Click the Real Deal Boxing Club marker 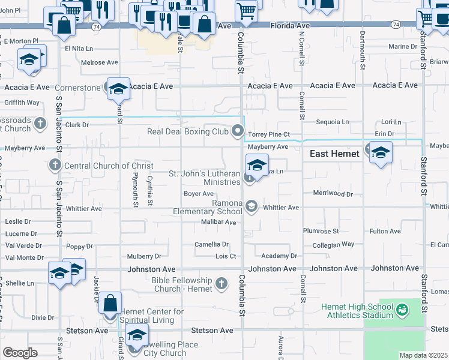pyautogui.click(x=238, y=131)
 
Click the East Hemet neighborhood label pyautogui.click(x=334, y=154)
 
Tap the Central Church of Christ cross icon pyautogui.click(x=55, y=165)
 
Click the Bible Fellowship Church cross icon pyautogui.click(x=221, y=283)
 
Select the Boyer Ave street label pyautogui.click(x=199, y=194)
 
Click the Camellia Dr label pyautogui.click(x=211, y=244)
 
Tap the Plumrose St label pyautogui.click(x=321, y=231)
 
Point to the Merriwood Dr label pyautogui.click(x=333, y=194)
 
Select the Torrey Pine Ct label pyautogui.click(x=269, y=134)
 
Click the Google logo pyautogui.click(x=20, y=352)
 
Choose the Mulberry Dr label pyautogui.click(x=144, y=256)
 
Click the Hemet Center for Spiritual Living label pyautogui.click(x=152, y=316)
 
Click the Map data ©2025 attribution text pyautogui.click(x=423, y=355)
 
